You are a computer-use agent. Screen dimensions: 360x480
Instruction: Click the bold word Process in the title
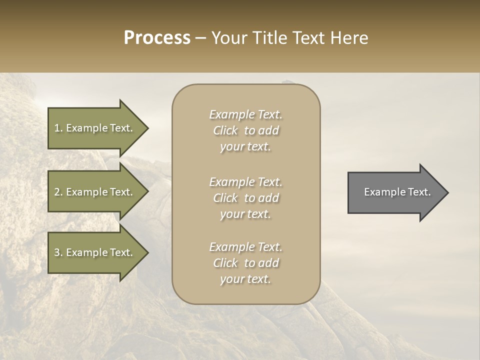[157, 38]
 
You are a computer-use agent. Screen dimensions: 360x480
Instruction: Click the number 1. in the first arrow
[58, 128]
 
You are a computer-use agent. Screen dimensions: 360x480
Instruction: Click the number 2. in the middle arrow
[58, 192]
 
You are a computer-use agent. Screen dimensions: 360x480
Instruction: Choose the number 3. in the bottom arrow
[58, 252]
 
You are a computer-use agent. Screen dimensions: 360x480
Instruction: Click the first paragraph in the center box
[245, 130]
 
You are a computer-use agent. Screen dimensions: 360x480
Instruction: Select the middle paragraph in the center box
[245, 198]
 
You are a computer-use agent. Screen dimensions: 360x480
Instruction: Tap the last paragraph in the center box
[245, 263]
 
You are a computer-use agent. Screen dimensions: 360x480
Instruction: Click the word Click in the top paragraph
[225, 130]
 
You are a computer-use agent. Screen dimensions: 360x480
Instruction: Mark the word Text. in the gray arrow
[419, 192]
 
